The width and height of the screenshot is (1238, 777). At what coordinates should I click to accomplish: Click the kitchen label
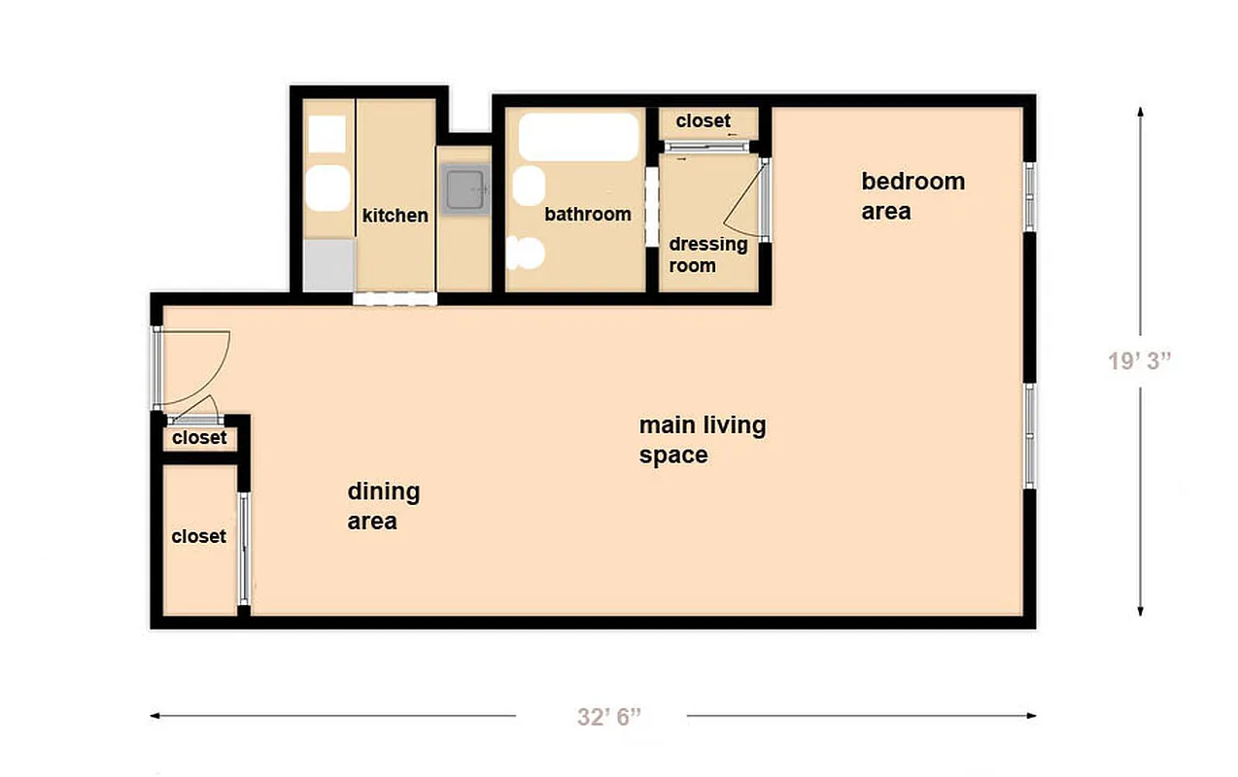pos(395,216)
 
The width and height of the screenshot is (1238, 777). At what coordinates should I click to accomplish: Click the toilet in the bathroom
pos(525,253)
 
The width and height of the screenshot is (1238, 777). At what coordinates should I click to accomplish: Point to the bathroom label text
pos(587,215)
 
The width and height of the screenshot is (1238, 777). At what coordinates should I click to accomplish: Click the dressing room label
pos(707,254)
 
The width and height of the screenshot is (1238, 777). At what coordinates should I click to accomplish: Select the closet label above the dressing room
pos(703,121)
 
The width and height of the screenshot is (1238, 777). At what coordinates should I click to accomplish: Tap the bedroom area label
pos(912,195)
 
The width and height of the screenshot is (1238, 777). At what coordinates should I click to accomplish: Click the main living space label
pos(702,439)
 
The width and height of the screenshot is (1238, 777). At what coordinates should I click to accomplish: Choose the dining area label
pos(384,505)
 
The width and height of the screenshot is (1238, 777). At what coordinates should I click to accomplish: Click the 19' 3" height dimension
pos(1139,360)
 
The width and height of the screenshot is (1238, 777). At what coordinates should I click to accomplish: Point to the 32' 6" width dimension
pos(609,718)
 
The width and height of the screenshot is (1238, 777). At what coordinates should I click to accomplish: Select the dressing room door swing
pos(744,205)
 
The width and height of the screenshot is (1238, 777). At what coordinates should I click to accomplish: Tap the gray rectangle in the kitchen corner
pos(327,265)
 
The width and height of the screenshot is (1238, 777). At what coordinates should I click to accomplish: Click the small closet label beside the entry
pos(199,438)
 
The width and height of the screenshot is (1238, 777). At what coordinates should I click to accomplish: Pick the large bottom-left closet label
pos(198,536)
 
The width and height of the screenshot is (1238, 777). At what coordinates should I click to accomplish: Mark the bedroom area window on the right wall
pos(1030,196)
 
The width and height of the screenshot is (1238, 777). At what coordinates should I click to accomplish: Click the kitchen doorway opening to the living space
pos(395,298)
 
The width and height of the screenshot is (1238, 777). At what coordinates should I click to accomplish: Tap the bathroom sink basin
pos(528,186)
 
